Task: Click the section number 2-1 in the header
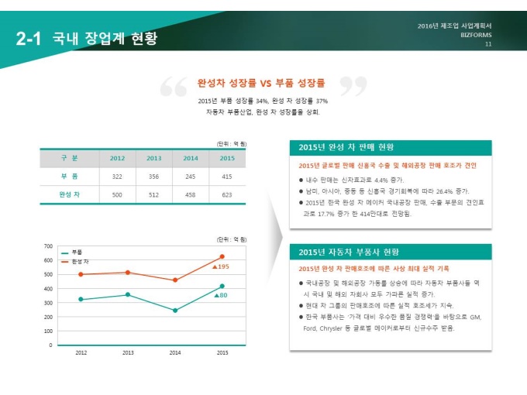(x=29, y=39)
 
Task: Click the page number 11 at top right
(x=488, y=44)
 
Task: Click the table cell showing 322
(x=117, y=177)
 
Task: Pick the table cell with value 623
(x=227, y=194)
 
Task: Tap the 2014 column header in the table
(x=191, y=159)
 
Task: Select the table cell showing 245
(x=191, y=177)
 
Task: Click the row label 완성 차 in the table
(x=70, y=194)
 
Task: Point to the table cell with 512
(x=153, y=194)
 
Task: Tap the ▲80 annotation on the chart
(x=220, y=295)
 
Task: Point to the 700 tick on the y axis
(x=48, y=246)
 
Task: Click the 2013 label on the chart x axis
(x=128, y=353)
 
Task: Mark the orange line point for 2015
(x=222, y=256)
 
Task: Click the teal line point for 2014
(x=175, y=311)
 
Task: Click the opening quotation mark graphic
(x=173, y=88)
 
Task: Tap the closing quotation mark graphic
(x=353, y=88)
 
